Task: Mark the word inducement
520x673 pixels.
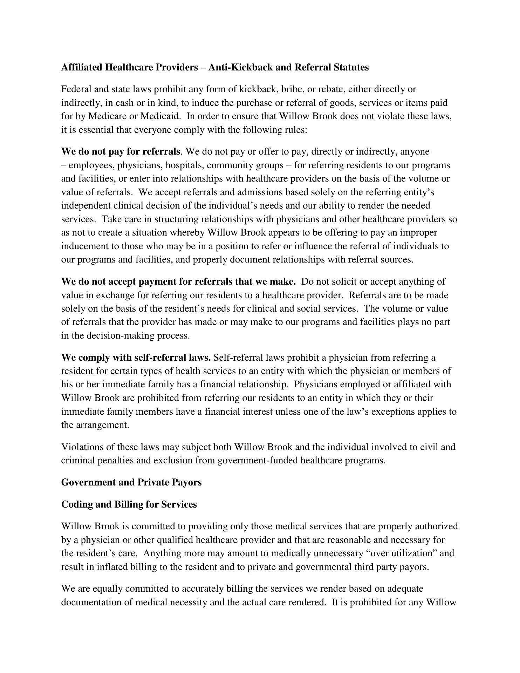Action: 85,246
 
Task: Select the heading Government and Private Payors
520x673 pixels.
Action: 131,483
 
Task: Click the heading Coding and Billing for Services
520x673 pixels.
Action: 129,504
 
